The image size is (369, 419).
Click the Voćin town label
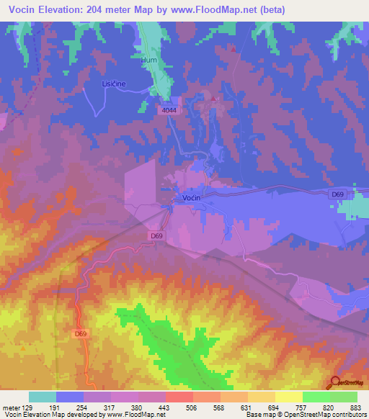(x=191, y=197)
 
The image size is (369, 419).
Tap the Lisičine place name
(x=114, y=84)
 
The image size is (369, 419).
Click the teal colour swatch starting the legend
(x=43, y=397)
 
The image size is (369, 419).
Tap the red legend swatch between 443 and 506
(x=179, y=397)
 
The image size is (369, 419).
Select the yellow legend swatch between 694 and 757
(x=288, y=397)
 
